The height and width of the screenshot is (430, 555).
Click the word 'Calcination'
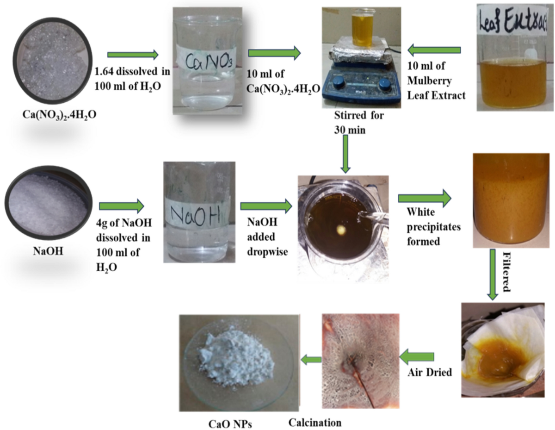click(x=315, y=423)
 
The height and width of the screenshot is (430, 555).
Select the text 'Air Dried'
click(x=430, y=372)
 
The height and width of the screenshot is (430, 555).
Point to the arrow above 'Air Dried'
click(x=417, y=356)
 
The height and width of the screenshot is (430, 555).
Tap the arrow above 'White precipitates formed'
click(x=425, y=198)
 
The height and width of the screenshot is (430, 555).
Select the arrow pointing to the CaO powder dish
click(x=311, y=358)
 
